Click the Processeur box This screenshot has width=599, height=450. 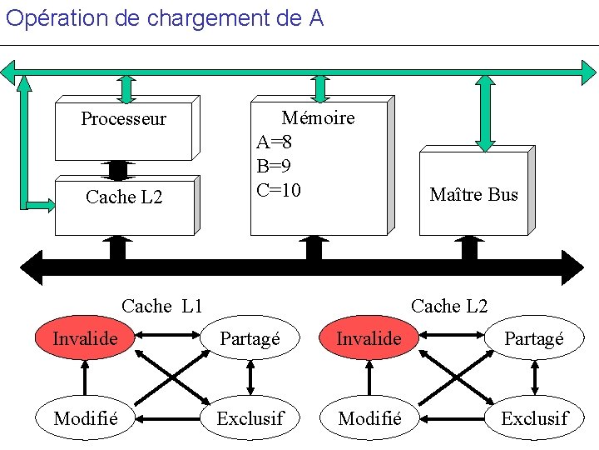124,127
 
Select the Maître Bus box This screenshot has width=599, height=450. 473,194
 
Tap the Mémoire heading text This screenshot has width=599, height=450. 318,117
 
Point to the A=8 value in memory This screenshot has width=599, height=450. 275,142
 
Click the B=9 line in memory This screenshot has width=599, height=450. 274,166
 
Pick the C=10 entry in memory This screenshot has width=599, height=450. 279,190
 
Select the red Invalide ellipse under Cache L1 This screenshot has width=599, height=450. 84,337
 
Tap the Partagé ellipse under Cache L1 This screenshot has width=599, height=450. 250,338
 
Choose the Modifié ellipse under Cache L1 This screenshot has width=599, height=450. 84,417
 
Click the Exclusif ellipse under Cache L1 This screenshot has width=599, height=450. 250,417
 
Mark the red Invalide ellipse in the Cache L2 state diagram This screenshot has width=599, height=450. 369,338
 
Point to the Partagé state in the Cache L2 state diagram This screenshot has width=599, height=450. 534,338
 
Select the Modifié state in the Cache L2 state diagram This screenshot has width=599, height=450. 369,417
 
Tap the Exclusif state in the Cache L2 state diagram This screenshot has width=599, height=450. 534,417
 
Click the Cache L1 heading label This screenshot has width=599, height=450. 162,306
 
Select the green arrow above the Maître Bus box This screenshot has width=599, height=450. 486,111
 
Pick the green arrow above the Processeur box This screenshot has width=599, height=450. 126,87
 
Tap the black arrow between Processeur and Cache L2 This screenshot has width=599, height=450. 118,170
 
